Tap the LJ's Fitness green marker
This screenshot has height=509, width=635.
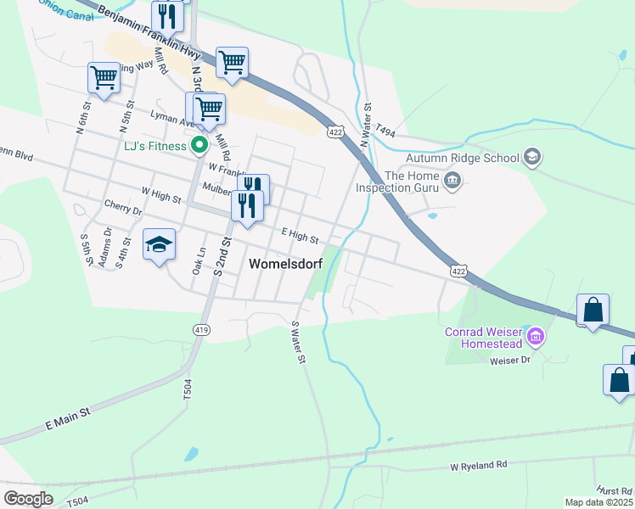click(199, 146)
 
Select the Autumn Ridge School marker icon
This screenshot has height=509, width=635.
click(532, 157)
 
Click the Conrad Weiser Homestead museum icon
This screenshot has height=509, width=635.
click(536, 338)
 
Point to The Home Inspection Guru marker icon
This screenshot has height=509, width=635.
click(452, 179)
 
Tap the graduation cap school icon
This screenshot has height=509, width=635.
click(159, 245)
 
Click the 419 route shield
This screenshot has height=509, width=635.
click(201, 328)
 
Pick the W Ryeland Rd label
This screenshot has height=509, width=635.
click(478, 466)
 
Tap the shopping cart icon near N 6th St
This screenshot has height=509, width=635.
click(104, 78)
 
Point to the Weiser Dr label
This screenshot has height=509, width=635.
click(510, 361)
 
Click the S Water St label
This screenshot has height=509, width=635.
click(298, 343)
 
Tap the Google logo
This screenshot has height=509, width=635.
click(28, 499)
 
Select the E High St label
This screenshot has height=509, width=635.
click(300, 235)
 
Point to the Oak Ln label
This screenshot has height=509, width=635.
click(199, 260)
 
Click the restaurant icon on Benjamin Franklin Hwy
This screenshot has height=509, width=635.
click(166, 15)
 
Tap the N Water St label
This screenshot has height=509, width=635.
click(367, 126)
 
